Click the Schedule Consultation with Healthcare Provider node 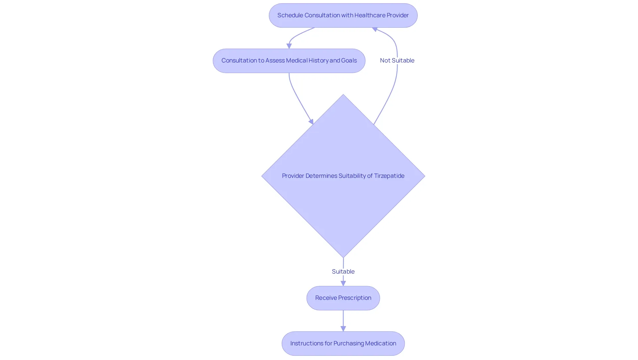coord(343,15)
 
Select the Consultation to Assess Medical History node coord(289,61)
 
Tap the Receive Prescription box coord(343,298)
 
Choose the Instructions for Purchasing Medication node coord(343,343)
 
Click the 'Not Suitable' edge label coord(397,60)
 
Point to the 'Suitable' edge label coord(343,272)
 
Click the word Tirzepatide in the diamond coord(389,176)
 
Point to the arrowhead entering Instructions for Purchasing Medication coord(343,329)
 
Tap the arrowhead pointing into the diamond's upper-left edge coord(311,122)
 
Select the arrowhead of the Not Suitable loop coord(374,29)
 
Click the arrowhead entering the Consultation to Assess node coord(289,46)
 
